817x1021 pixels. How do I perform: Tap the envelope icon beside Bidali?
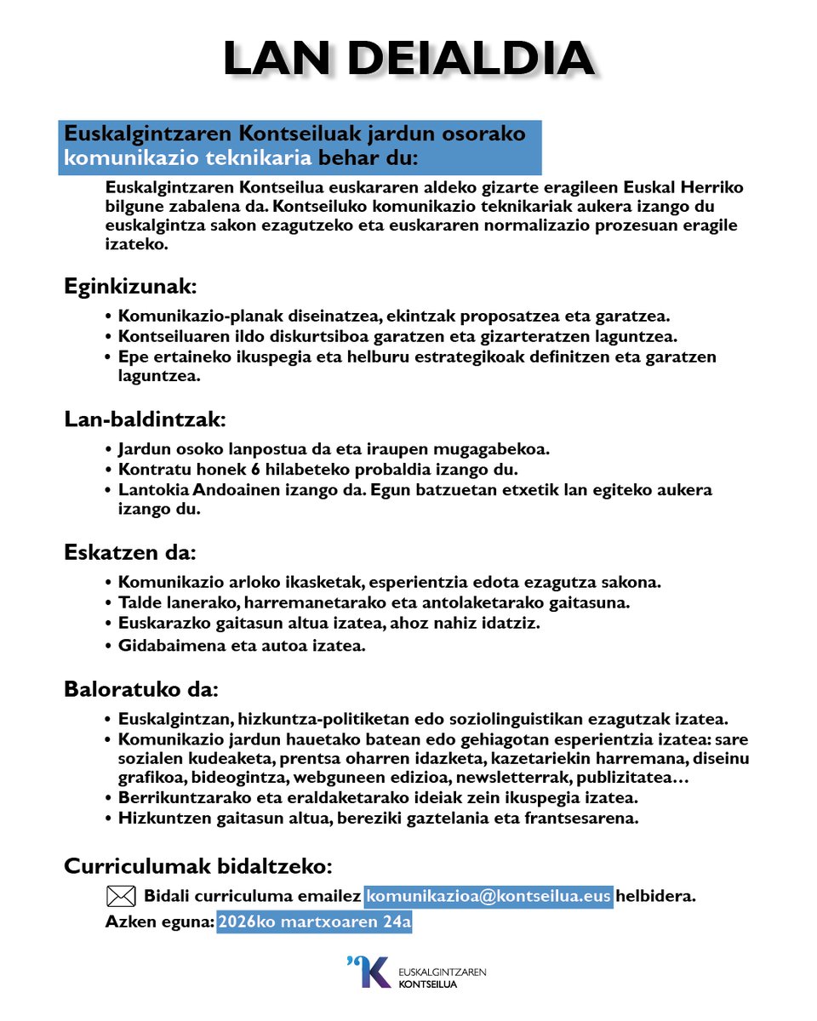[x=121, y=896]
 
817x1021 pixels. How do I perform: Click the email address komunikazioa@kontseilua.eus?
[x=488, y=896]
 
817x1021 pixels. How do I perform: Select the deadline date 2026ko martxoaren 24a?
[x=314, y=922]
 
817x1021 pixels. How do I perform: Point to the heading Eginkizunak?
[x=130, y=287]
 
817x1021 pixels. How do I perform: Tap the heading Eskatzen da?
[x=130, y=552]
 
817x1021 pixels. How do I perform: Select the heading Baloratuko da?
[x=141, y=687]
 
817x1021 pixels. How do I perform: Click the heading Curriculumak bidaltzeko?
[x=197, y=866]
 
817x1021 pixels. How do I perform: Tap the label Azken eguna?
[x=159, y=922]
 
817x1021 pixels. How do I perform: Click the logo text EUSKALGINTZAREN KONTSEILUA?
[x=442, y=978]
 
